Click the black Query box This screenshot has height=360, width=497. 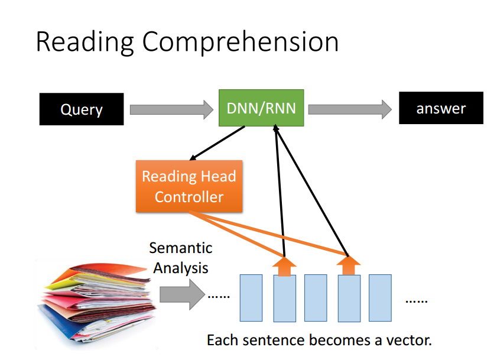pyautogui.click(x=82, y=109)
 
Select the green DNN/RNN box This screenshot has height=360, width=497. pyautogui.click(x=261, y=108)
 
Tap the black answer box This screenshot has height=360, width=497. pyautogui.click(x=441, y=108)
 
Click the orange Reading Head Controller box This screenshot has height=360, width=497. pyautogui.click(x=189, y=186)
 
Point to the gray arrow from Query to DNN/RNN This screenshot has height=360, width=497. pyautogui.click(x=171, y=110)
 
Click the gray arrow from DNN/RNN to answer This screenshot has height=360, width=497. pyautogui.click(x=350, y=109)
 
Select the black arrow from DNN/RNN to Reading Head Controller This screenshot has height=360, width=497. pyautogui.click(x=217, y=143)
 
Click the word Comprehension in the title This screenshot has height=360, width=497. pyautogui.click(x=241, y=43)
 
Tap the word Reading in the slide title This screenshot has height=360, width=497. pyautogui.click(x=85, y=43)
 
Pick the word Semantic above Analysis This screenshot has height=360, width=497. pyautogui.click(x=181, y=248)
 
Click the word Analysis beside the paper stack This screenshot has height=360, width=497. pyautogui.click(x=181, y=268)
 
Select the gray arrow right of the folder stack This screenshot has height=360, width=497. pyautogui.click(x=182, y=294)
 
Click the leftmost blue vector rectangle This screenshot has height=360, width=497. pyautogui.click(x=251, y=298)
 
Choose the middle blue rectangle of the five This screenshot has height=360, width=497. pyautogui.click(x=316, y=298)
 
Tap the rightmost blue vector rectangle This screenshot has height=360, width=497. pyautogui.click(x=380, y=298)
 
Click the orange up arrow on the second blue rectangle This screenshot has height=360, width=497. pyautogui.click(x=284, y=266)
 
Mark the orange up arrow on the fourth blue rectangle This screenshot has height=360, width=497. pyautogui.click(x=349, y=265)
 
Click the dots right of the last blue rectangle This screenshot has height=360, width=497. pyautogui.click(x=417, y=301)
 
